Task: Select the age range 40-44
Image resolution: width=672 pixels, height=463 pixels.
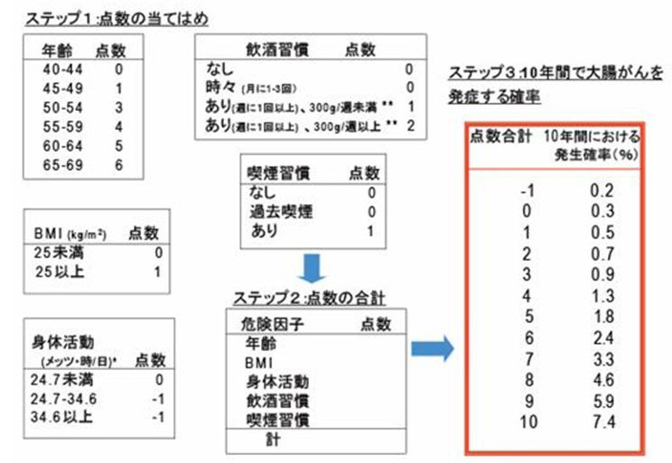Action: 61,68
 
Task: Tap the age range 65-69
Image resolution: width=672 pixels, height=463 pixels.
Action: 61,165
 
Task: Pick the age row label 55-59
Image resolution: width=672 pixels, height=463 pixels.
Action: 61,126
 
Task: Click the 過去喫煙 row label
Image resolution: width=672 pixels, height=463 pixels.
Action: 280,210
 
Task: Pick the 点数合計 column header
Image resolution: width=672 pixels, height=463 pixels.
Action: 499,137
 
